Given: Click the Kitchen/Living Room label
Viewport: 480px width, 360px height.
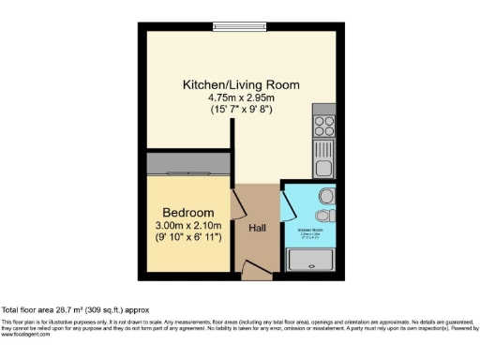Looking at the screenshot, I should [x=241, y=84].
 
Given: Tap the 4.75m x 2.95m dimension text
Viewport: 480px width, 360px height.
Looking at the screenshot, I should [x=241, y=97].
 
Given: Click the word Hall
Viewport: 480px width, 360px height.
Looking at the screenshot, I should [x=258, y=228].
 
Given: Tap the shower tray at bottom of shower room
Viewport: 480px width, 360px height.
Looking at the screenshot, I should [x=311, y=260].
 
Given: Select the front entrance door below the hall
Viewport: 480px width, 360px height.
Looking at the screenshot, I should [x=252, y=271].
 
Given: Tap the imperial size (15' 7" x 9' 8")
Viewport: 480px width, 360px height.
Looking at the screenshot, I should [x=241, y=109].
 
